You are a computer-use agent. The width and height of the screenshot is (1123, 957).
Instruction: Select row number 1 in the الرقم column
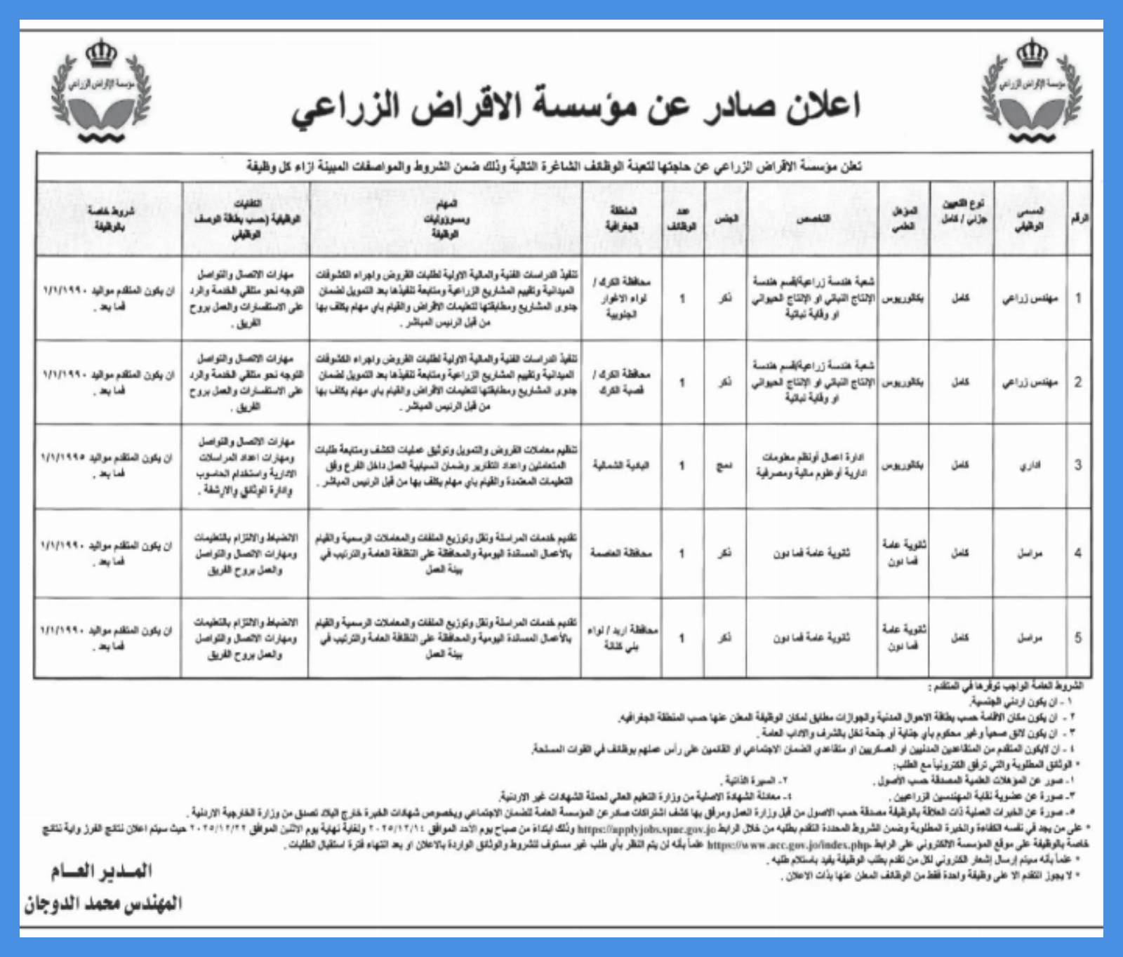pos(1078,297)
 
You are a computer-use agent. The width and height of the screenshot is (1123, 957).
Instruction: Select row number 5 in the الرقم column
pos(1078,638)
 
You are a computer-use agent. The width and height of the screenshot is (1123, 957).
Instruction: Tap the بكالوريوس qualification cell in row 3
pos(902,465)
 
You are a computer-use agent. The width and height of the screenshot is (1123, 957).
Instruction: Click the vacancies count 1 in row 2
pos(682,382)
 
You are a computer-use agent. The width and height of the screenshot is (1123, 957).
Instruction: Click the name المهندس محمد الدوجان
pos(102,903)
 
